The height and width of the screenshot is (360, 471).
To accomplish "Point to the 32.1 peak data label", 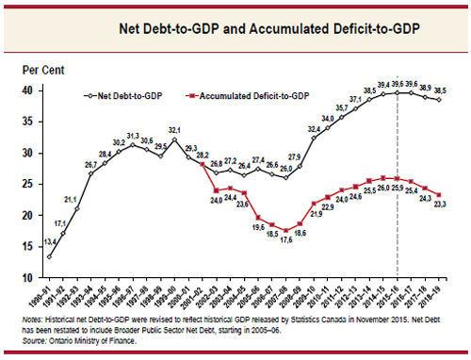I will coord(175,129).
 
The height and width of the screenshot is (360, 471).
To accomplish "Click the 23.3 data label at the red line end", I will coord(439,205).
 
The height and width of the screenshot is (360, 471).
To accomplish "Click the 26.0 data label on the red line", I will coord(382,187).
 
